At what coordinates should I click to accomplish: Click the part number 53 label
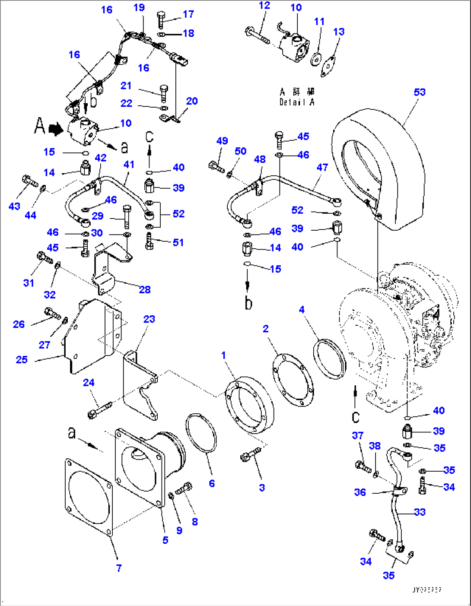419,92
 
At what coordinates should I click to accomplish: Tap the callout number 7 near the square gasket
119,568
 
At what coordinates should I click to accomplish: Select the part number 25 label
22,359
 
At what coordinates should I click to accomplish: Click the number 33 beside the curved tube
420,512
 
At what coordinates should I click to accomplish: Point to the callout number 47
322,167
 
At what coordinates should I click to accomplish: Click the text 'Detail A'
297,102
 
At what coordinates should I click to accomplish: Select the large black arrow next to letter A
55,128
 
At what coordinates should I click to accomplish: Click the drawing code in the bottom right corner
427,590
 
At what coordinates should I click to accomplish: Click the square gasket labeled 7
88,497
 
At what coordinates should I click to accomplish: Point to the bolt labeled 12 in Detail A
258,35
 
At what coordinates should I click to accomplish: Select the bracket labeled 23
139,389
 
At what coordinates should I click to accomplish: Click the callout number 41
129,164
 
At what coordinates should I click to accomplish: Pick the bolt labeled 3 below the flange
250,454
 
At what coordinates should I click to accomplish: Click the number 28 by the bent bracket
144,289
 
